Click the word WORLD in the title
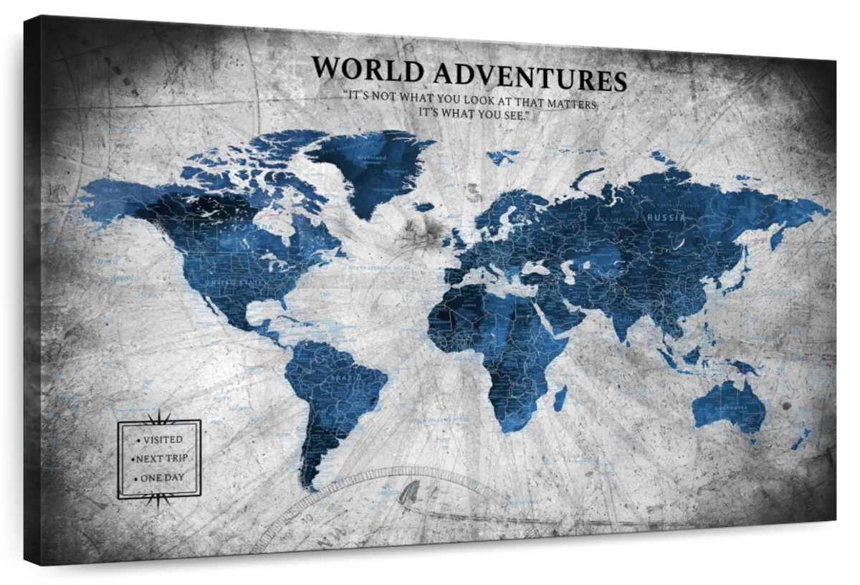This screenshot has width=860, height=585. point(368,69)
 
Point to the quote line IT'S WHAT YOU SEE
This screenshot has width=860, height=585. point(472,114)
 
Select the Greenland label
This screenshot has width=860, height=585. point(371,158)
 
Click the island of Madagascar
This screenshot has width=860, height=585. point(560,398)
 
